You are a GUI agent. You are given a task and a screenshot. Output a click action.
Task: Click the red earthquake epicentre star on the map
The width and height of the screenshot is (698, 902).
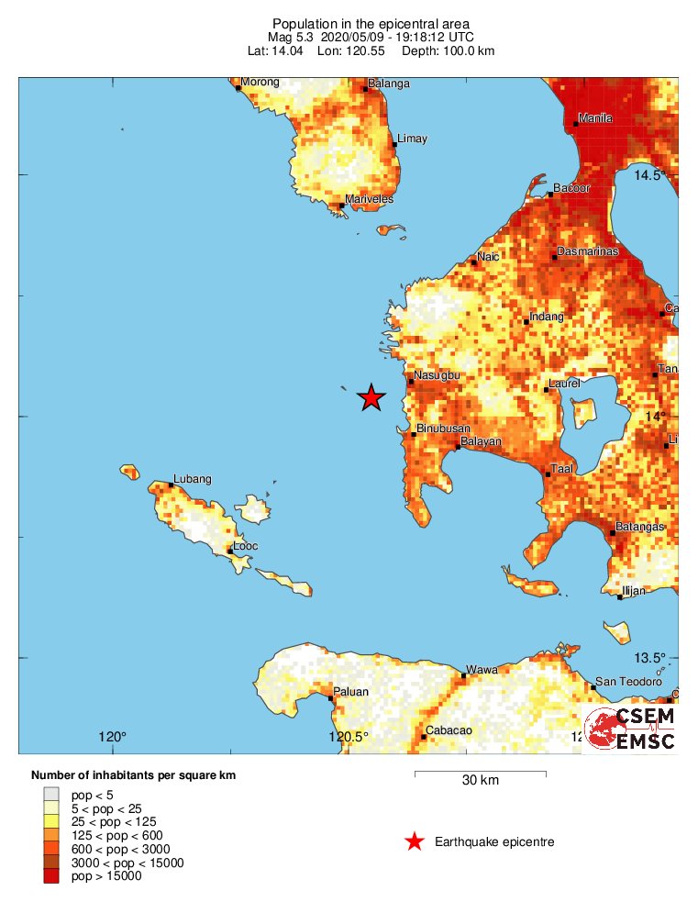tap(371, 397)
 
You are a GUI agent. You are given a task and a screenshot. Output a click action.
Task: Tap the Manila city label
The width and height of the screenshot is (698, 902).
tap(595, 118)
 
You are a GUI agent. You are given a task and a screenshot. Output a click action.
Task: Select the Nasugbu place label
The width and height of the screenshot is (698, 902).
tap(436, 375)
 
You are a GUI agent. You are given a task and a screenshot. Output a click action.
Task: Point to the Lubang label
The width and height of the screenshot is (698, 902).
tap(193, 479)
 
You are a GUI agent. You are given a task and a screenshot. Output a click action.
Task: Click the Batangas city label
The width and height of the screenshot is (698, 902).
tap(639, 527)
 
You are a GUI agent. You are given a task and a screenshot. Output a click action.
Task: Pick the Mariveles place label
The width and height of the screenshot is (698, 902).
tap(369, 199)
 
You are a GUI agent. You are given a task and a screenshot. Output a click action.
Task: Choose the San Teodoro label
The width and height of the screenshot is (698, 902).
tap(628, 682)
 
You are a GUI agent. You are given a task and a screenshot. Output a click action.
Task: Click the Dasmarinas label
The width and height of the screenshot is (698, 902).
tap(588, 251)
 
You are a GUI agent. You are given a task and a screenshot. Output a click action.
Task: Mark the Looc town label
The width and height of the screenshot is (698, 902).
tap(245, 546)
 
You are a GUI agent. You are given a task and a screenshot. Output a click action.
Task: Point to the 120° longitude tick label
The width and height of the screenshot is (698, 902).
tap(112, 737)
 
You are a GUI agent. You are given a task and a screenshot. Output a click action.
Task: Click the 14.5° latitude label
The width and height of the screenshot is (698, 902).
tap(650, 174)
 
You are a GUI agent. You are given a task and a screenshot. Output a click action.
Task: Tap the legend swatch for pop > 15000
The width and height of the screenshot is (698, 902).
tap(51, 876)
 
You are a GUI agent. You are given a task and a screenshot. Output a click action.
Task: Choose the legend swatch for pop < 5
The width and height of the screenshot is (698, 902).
tap(51, 794)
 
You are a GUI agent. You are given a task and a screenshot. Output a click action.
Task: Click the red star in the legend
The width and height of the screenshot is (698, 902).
tap(415, 841)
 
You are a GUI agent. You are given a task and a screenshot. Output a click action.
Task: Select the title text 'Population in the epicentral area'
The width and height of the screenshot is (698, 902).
tap(371, 23)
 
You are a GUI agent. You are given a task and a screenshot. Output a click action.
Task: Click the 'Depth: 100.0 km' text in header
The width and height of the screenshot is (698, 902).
tap(449, 50)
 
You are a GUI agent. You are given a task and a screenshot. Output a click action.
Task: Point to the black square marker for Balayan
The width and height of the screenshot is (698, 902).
tap(458, 447)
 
